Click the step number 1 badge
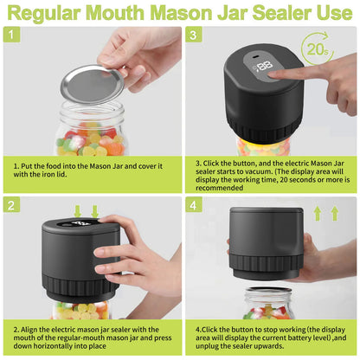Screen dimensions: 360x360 (x=10, y=36)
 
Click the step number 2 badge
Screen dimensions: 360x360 (x=10, y=205)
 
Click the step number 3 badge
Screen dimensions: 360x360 (x=195, y=36)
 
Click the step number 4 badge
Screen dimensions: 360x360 (x=195, y=205)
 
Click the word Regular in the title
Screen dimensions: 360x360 (x=60, y=12)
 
